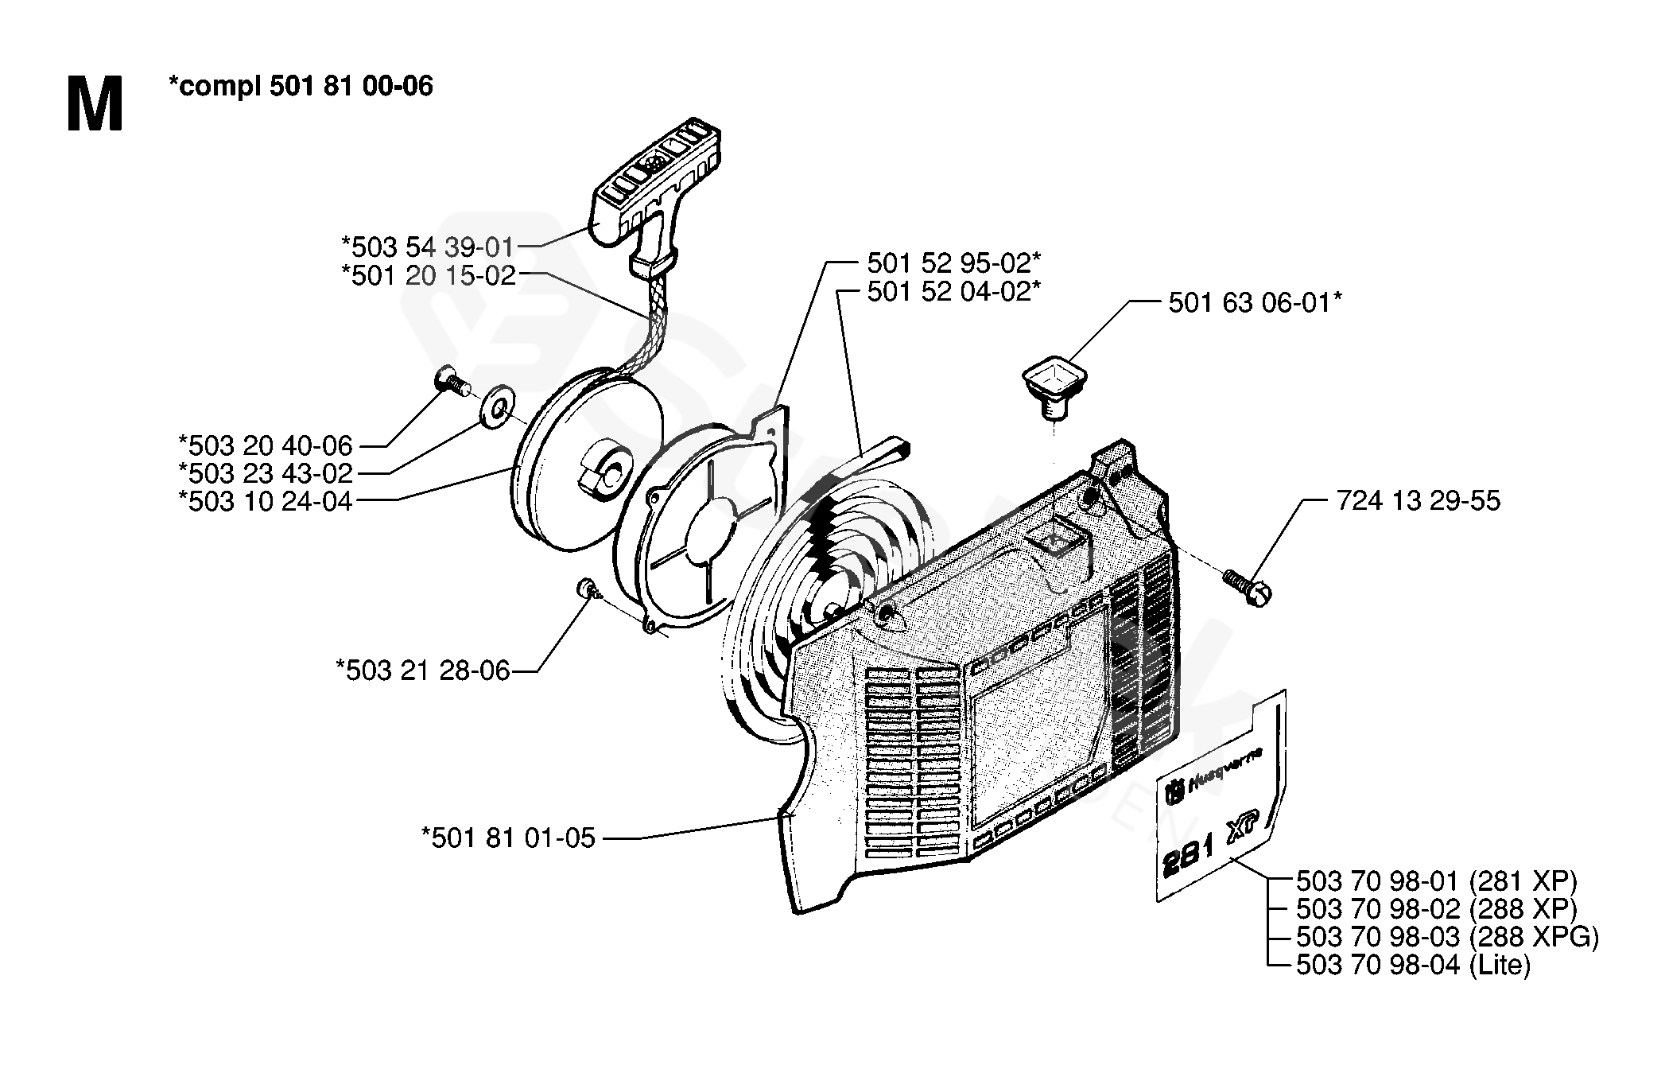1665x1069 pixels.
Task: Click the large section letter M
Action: (95, 104)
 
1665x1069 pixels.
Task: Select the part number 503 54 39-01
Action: (428, 247)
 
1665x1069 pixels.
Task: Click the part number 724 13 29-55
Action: (1419, 501)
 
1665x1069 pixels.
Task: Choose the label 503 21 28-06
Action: (422, 671)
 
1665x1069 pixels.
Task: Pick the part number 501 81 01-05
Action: (508, 838)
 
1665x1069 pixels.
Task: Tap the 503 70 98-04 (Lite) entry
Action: (1413, 966)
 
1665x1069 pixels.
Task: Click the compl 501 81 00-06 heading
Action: (301, 86)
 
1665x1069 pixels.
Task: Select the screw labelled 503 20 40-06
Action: (451, 383)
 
